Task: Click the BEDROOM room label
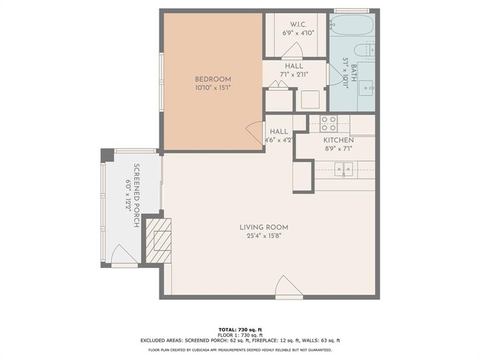coord(213,79)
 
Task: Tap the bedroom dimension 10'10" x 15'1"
coord(213,88)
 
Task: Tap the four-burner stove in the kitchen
coord(328,122)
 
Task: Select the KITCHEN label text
coord(338,139)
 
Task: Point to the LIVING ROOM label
coord(264,226)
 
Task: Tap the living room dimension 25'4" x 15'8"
coord(264,235)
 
